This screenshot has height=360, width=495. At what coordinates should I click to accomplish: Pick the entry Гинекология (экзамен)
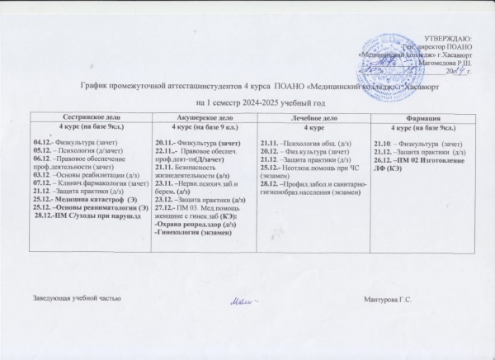pos(193,231)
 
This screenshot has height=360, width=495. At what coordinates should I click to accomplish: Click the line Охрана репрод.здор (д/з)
pos(191,223)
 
